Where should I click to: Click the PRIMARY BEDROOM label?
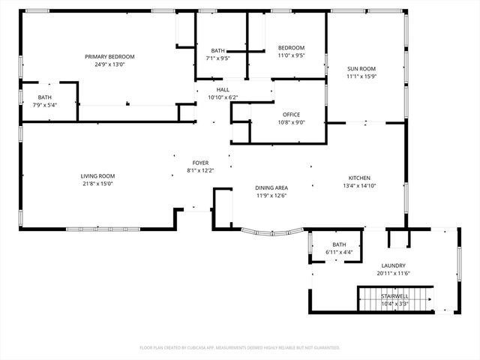tap(109, 57)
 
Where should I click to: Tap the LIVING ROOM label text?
tap(97, 175)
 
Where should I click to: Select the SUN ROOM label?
tap(361, 69)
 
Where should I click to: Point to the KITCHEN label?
tap(359, 178)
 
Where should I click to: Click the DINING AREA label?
tap(271, 187)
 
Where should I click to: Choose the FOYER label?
tap(200, 163)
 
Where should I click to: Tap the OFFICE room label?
tap(291, 115)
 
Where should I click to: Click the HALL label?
tap(222, 89)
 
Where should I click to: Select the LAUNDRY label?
tap(393, 265)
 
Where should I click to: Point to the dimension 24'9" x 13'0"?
tap(109, 64)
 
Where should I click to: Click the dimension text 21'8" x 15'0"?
tap(97, 183)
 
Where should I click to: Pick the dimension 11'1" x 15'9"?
tap(361, 76)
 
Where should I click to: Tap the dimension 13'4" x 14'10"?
tap(359, 185)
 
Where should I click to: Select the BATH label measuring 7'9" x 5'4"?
tap(45, 97)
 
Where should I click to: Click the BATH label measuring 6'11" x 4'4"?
tap(339, 244)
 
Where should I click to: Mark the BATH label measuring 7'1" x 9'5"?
tap(217, 50)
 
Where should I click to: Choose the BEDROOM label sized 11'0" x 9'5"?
tap(291, 47)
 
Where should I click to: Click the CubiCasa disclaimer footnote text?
tap(240, 347)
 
